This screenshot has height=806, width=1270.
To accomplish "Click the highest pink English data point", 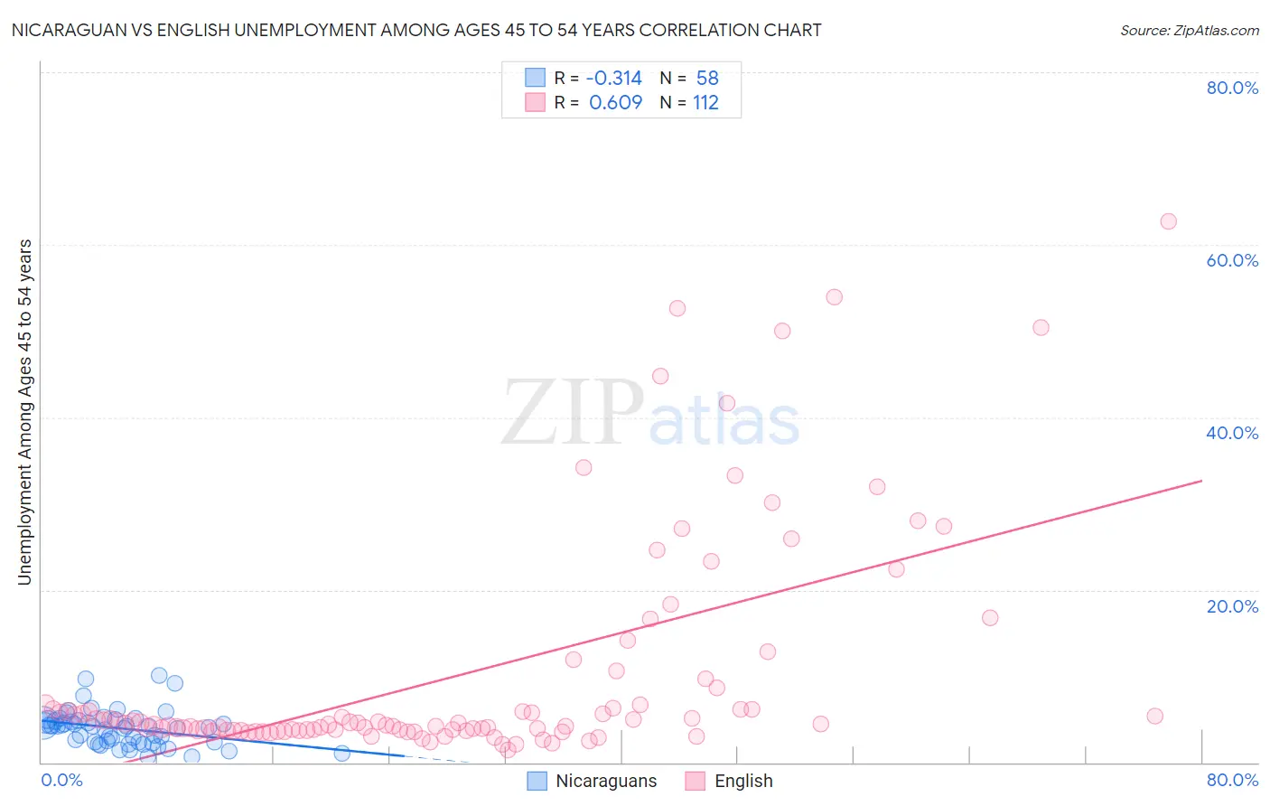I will (x=1168, y=221).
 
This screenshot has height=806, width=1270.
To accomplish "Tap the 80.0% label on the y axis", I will (x=1232, y=88).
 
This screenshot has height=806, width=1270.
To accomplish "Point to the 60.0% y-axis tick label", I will (x=1232, y=260).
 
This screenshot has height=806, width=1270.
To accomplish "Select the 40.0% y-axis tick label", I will (x=1232, y=433).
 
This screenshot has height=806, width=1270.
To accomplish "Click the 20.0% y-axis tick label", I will (x=1232, y=606).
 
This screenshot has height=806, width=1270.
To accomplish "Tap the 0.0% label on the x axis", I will (x=61, y=780).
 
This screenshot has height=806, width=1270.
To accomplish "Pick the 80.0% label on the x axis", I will (x=1232, y=780).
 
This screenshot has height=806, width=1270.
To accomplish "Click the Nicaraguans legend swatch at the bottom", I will (x=537, y=781).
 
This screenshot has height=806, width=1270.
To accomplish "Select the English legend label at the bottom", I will (x=743, y=781).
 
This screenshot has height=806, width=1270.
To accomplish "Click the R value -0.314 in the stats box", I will (x=614, y=79).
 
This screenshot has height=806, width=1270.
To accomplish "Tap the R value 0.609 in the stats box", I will (x=615, y=103).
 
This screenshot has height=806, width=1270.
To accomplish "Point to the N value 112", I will (x=705, y=103).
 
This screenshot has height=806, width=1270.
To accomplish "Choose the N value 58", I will (x=707, y=79).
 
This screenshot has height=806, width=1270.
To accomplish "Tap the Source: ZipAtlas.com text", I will (x=1189, y=31).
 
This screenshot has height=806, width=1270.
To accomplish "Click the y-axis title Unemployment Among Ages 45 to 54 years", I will (x=24, y=412).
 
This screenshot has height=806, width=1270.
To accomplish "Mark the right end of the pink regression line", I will (x=1201, y=481).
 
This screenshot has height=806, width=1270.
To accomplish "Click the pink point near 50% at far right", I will (x=1041, y=328).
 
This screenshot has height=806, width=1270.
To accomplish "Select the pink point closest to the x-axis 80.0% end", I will (x=1154, y=717).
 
